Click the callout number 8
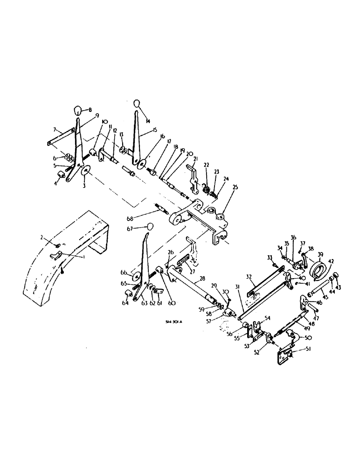pyautogui.click(x=90, y=111)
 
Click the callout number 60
pyautogui.click(x=161, y=304)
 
